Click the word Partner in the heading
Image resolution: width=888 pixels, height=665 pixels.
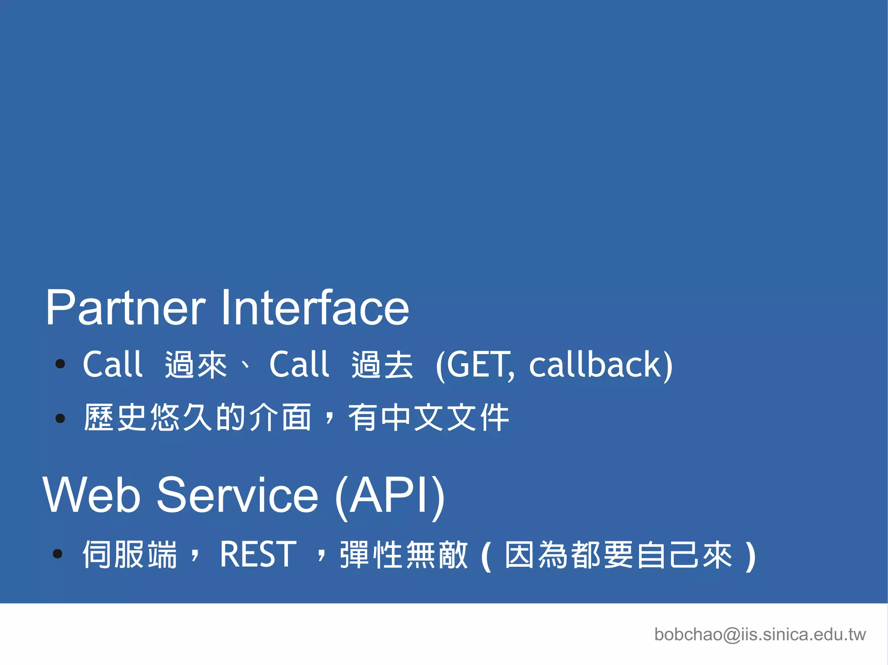(x=125, y=308)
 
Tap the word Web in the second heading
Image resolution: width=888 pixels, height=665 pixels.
(x=91, y=495)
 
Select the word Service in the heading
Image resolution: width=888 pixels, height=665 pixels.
(x=238, y=495)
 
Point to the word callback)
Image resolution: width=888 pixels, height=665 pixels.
(x=601, y=365)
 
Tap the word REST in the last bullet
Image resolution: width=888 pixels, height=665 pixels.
(x=258, y=554)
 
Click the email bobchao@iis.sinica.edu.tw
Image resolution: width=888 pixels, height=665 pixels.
(x=760, y=635)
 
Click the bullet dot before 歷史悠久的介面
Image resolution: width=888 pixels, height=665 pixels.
(x=60, y=418)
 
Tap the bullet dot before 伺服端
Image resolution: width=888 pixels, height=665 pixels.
(x=57, y=553)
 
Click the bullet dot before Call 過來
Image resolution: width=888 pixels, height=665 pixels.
(x=60, y=364)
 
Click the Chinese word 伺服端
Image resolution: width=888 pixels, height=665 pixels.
(x=130, y=554)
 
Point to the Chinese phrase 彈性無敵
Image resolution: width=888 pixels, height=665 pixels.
(x=404, y=554)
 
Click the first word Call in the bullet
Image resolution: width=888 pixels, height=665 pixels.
(x=112, y=365)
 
